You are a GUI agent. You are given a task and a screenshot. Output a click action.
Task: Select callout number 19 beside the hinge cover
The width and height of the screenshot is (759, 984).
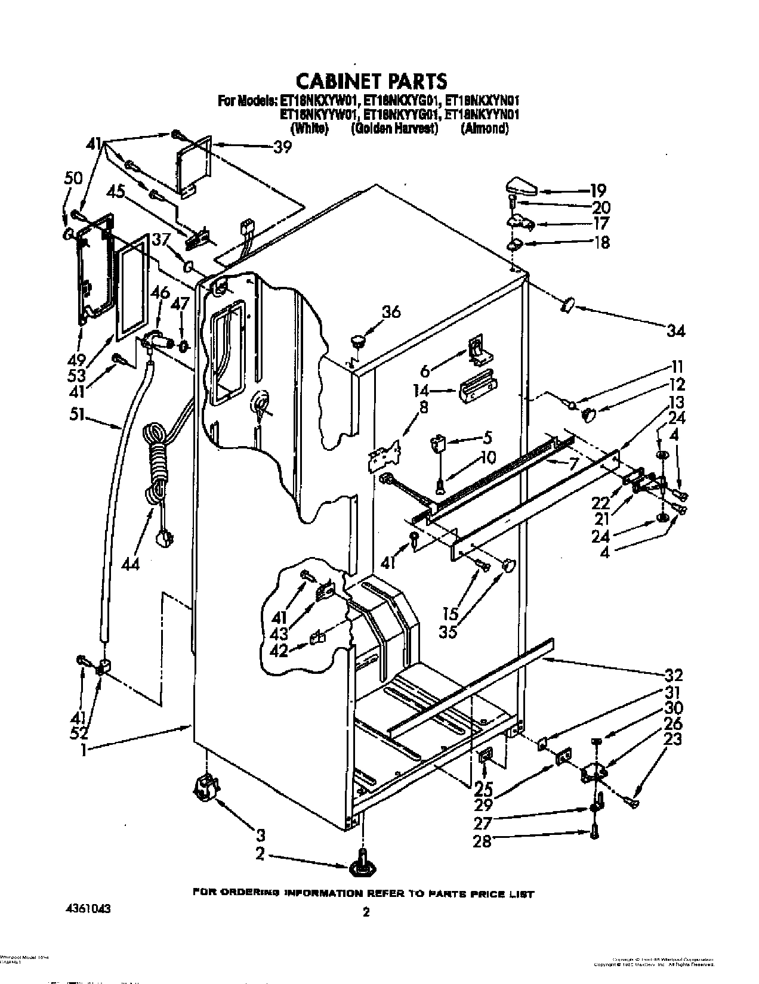(x=598, y=191)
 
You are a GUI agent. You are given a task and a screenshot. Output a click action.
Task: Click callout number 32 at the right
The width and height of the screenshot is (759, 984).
(x=672, y=675)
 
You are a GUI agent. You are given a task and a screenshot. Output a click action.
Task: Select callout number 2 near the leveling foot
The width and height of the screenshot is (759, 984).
(x=260, y=854)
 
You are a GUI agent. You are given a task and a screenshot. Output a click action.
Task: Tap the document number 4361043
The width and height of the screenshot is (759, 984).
(x=84, y=909)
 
